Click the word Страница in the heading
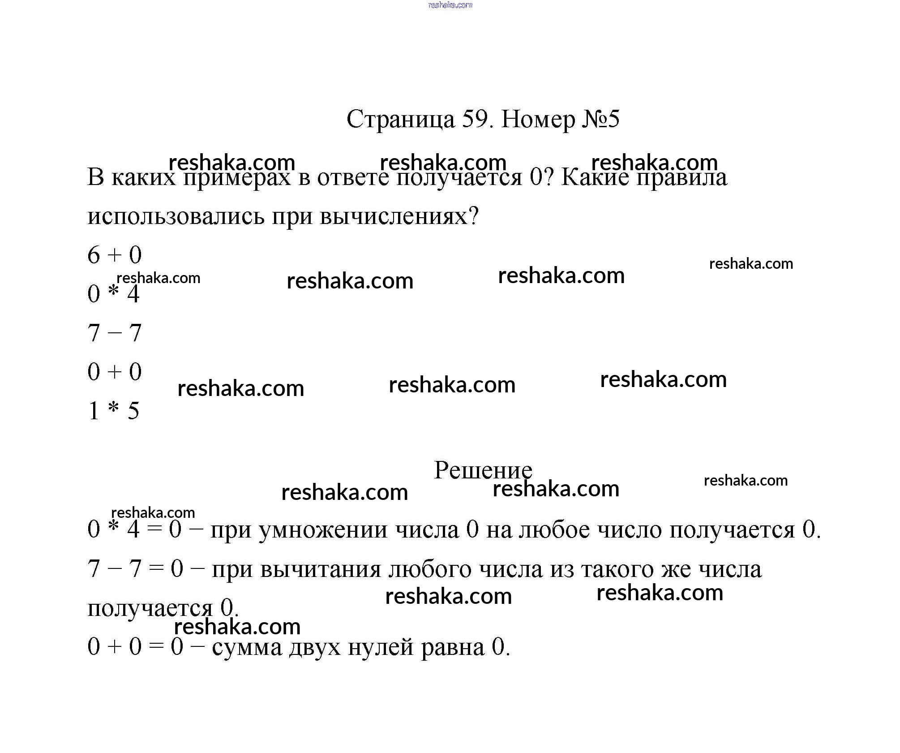pos(400,120)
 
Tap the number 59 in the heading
pos(476,119)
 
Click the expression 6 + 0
pos(115,255)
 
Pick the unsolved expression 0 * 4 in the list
pos(114,294)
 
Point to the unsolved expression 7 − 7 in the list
pos(115,333)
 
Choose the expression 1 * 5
pos(114,411)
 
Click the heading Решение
pos(483,470)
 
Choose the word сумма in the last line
pos(247,648)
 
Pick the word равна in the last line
pos(453,648)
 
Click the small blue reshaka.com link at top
pos(450,5)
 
